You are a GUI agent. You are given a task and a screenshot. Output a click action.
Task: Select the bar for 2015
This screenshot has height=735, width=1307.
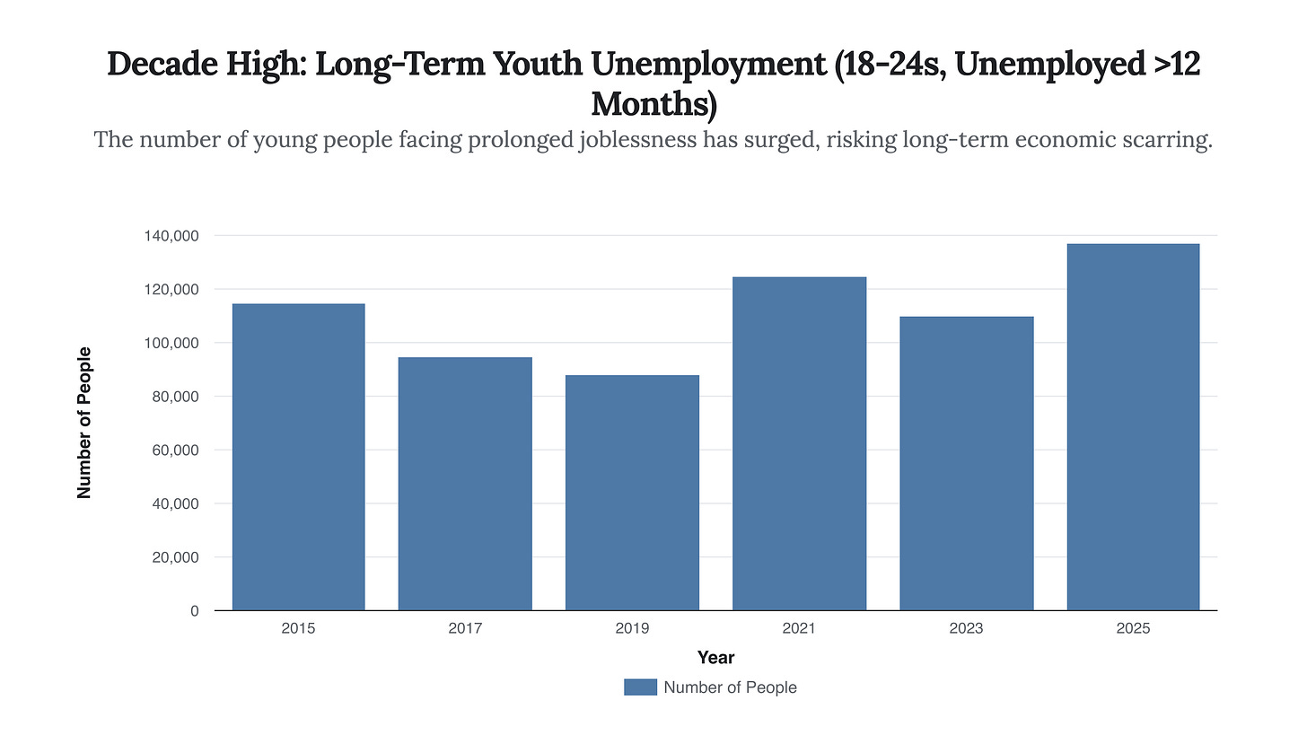pos(298,457)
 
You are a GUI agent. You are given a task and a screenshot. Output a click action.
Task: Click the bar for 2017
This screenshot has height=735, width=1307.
pos(465,484)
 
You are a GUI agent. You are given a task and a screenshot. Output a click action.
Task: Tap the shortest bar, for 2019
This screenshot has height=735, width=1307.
pos(632,493)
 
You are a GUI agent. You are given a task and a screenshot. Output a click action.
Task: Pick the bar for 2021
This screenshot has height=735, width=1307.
pos(799,443)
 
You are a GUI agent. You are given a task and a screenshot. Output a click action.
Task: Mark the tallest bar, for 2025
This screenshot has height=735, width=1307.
pos(1133,427)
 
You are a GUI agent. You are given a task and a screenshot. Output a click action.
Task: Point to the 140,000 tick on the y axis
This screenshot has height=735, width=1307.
pos(171,236)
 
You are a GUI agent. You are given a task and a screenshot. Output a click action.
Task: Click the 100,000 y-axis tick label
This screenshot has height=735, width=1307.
pos(171,343)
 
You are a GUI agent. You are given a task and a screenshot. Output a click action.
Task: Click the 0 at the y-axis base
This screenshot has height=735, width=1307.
pos(194,611)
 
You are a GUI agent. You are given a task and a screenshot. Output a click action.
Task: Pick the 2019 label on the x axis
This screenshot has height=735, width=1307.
pos(632,629)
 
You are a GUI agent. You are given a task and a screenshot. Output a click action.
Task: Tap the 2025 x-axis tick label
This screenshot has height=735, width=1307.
pos(1133,629)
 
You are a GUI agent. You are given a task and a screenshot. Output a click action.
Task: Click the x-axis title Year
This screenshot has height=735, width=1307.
pos(715,658)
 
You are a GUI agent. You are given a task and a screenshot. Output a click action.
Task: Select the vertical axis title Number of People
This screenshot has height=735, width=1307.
pos(84,423)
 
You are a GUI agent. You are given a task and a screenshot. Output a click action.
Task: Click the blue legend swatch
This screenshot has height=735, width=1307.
pos(640,687)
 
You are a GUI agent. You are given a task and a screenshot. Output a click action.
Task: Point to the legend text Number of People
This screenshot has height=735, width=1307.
pos(730,687)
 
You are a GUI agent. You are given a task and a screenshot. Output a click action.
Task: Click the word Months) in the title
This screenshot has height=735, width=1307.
pos(653,104)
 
